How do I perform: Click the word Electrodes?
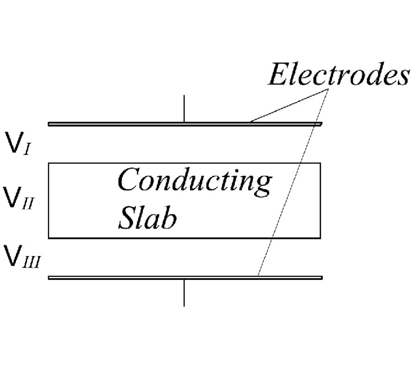point(338,75)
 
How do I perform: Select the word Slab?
point(147,218)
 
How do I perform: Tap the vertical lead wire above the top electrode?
point(184,108)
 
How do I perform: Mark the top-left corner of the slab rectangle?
point(49,163)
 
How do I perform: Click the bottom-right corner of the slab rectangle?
point(320,238)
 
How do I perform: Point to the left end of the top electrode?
point(49,124)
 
